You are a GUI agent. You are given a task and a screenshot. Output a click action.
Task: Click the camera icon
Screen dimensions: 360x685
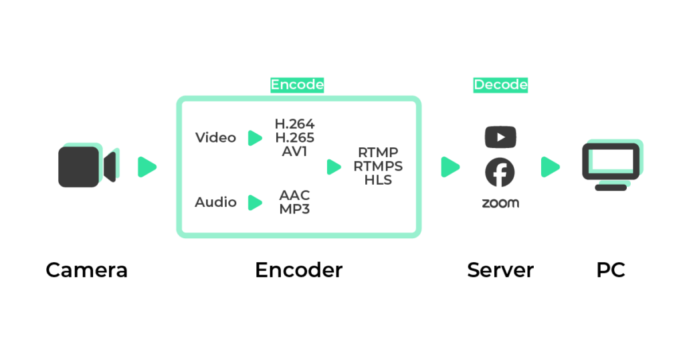[x=86, y=166]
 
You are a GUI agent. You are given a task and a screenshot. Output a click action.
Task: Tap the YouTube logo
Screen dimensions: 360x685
[x=500, y=137]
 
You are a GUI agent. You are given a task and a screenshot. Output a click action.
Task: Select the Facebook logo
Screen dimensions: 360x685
[x=500, y=173]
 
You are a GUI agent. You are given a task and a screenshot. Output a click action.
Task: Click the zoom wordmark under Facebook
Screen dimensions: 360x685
[x=500, y=203]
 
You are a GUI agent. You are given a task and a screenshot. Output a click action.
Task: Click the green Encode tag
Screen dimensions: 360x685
[x=297, y=85]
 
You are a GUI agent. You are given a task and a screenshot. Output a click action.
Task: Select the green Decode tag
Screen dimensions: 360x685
[x=500, y=85]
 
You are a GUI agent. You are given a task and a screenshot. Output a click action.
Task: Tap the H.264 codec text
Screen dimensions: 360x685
[x=294, y=124]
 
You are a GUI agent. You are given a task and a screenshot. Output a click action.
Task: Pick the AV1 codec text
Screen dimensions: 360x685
[x=294, y=151]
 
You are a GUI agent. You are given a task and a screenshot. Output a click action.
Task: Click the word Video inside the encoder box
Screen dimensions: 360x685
[x=215, y=138]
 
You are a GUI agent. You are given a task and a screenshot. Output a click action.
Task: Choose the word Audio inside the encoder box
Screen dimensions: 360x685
[x=215, y=202]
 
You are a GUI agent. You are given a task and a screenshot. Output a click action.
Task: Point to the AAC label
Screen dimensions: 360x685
[x=294, y=195]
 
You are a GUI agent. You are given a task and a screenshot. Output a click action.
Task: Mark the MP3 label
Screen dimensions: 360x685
[x=294, y=209]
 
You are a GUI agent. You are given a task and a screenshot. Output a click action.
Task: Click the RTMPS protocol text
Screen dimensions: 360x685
[x=378, y=167]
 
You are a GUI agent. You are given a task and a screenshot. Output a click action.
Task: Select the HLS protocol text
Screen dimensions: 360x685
[x=378, y=180]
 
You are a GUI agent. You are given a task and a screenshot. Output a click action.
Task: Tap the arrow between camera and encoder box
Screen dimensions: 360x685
[x=146, y=167]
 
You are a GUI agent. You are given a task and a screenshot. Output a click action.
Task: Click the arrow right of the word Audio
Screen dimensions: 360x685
[x=255, y=202]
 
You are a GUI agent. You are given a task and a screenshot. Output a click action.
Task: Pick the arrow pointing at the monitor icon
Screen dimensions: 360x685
[x=550, y=167]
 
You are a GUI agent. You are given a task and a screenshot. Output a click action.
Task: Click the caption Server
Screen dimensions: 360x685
[x=500, y=270]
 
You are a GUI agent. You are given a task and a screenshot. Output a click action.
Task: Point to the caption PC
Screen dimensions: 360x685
[x=611, y=270]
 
